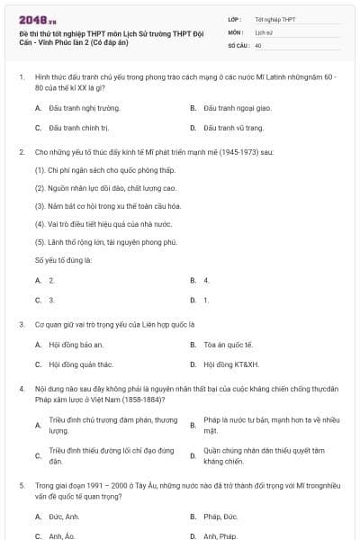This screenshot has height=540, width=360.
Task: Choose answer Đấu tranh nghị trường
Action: [83, 107]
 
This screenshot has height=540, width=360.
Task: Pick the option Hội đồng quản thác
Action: [83, 364]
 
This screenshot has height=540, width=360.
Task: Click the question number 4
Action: [21, 388]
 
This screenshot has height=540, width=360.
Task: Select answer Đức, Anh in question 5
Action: [64, 517]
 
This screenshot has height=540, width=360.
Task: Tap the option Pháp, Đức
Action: [220, 517]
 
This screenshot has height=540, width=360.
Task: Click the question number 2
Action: [21, 152]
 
